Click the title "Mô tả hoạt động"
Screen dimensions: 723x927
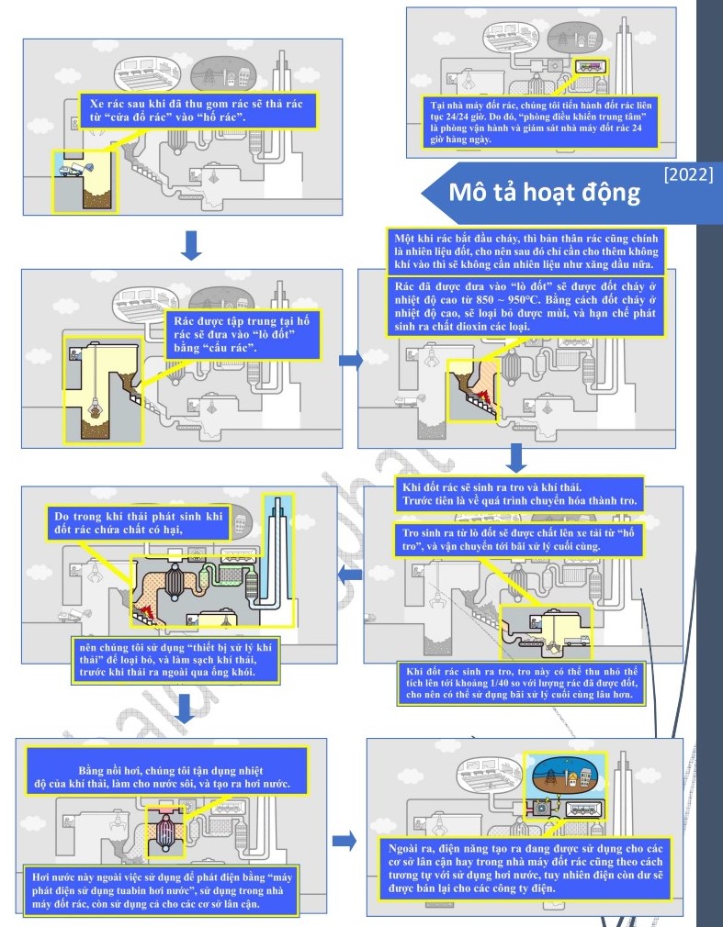pyautogui.click(x=545, y=193)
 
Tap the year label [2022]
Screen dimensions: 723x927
pyautogui.click(x=689, y=174)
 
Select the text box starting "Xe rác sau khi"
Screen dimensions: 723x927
pyautogui.click(x=198, y=110)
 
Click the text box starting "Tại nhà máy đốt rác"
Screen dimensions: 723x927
pyautogui.click(x=540, y=122)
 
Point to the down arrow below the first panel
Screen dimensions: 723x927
pyautogui.click(x=191, y=245)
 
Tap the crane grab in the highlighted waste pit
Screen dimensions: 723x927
pyautogui.click(x=94, y=408)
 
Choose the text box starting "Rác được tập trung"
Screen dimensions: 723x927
pyautogui.click(x=243, y=335)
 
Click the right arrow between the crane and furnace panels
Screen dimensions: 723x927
pyautogui.click(x=351, y=360)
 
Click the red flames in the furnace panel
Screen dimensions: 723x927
pyautogui.click(x=481, y=396)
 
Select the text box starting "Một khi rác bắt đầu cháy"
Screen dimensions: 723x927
pyautogui.click(x=526, y=251)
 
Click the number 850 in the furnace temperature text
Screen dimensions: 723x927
pyautogui.click(x=484, y=300)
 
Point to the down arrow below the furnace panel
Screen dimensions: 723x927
pyautogui.click(x=516, y=458)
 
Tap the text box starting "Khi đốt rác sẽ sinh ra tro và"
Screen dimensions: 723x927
pyautogui.click(x=519, y=495)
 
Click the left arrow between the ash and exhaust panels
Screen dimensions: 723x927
pyautogui.click(x=350, y=574)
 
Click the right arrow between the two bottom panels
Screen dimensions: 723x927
pyautogui.click(x=345, y=841)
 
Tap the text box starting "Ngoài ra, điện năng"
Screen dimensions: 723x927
pyautogui.click(x=525, y=868)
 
